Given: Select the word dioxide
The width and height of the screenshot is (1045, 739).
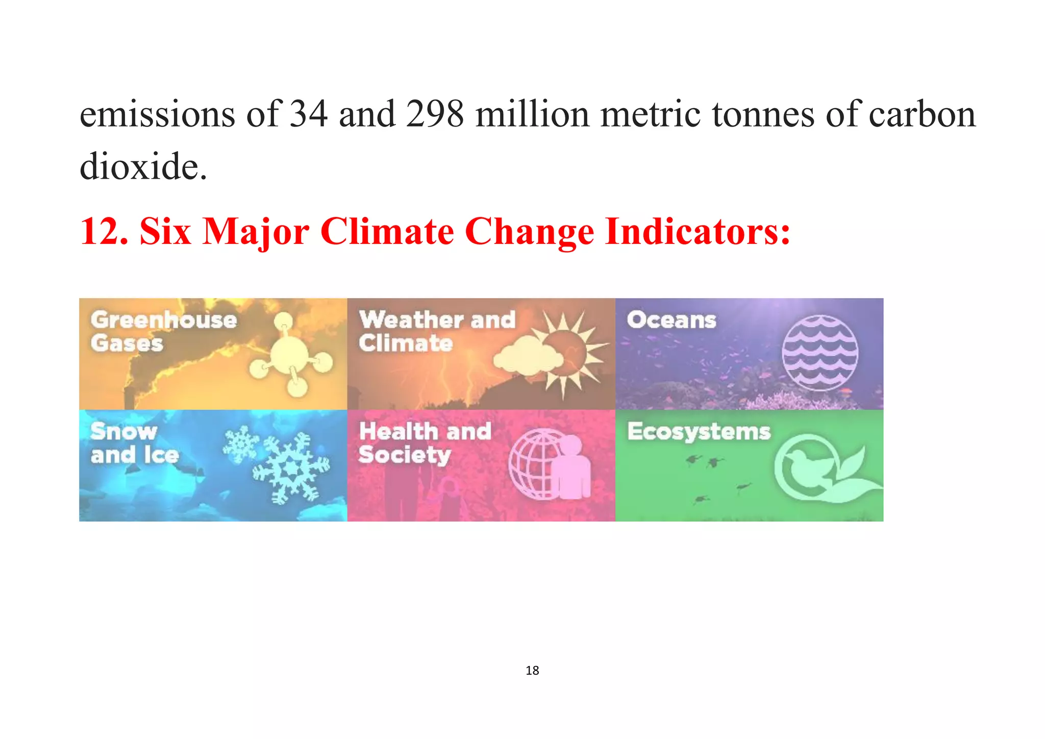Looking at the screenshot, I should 143,166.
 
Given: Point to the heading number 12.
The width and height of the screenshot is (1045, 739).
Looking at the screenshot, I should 104,232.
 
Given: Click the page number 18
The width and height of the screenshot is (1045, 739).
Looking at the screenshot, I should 532,671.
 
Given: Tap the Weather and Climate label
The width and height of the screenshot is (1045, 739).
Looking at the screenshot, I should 436,331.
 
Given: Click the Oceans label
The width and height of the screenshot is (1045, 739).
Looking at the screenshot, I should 671,320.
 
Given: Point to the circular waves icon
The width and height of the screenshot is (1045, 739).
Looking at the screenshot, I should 819,353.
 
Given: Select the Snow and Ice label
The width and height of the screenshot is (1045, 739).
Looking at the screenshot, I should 134,443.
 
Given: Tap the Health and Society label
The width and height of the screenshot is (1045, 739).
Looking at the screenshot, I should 425,443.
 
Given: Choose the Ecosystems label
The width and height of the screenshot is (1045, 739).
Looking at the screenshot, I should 698,431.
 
